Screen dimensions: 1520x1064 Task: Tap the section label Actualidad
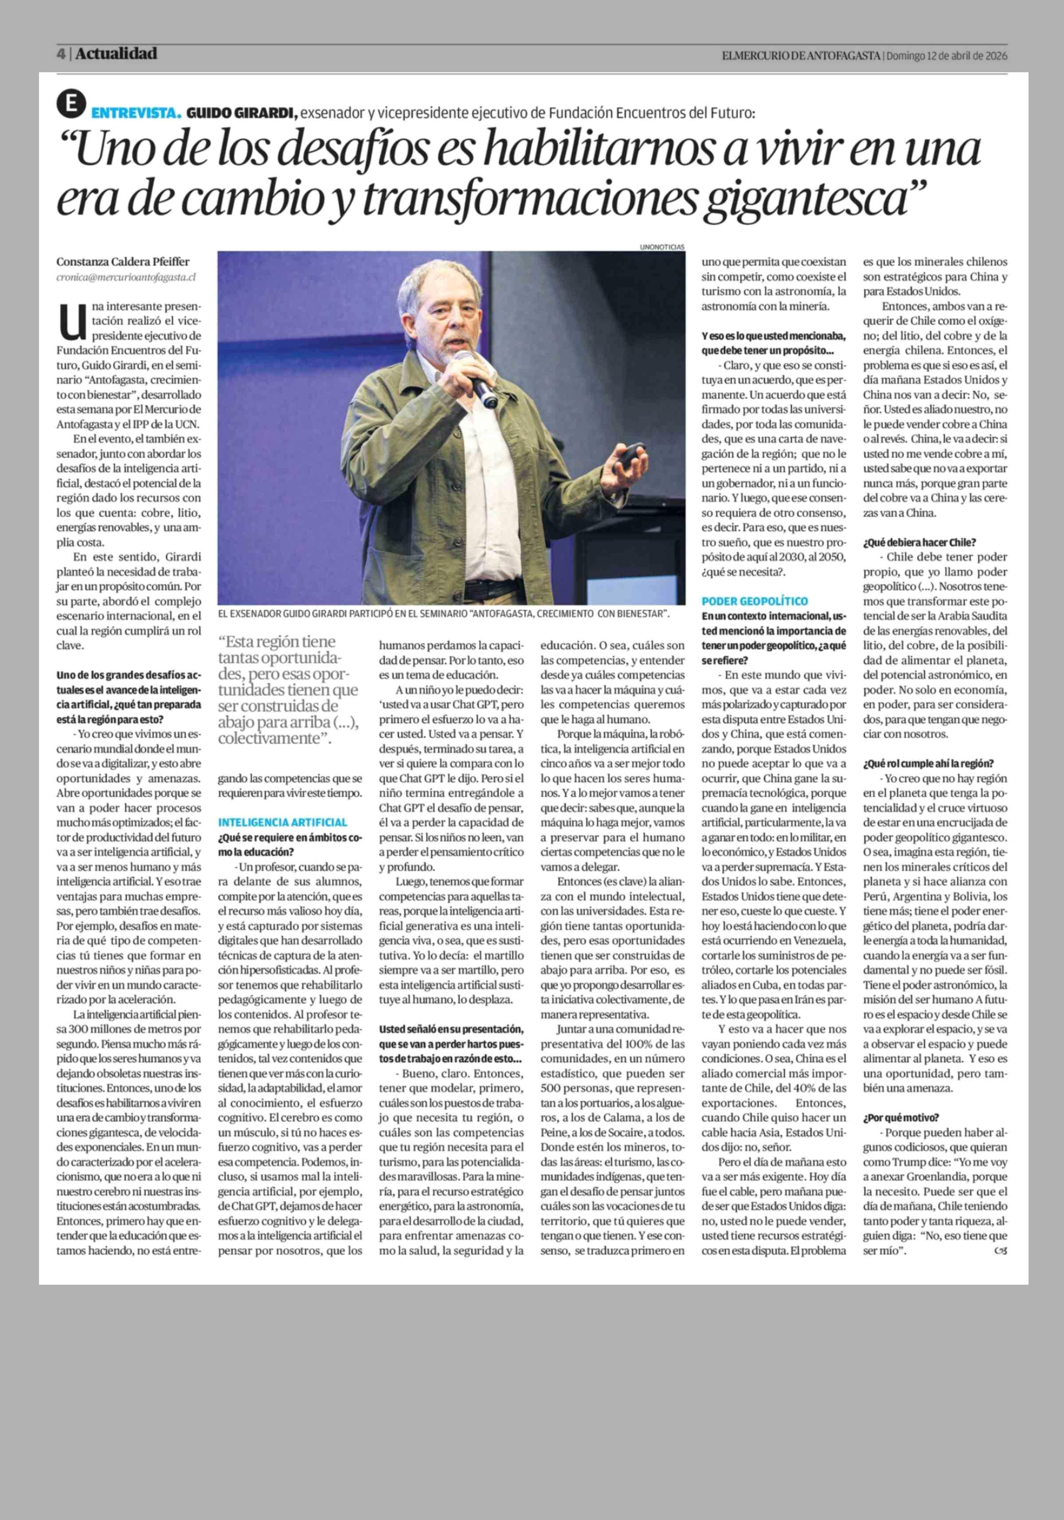[116, 54]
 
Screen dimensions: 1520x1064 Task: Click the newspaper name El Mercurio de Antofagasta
[801, 56]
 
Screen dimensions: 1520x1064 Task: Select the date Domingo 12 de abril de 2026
[947, 56]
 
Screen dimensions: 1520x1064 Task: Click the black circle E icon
[71, 105]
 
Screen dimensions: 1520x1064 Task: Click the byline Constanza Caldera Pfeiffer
[122, 261]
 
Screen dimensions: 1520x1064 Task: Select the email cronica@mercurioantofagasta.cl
[126, 278]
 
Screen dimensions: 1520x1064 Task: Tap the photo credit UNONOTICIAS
[662, 247]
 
